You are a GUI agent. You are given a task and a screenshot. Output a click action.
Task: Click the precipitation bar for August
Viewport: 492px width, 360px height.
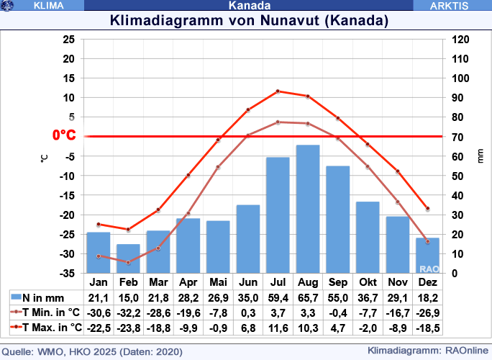(308, 209)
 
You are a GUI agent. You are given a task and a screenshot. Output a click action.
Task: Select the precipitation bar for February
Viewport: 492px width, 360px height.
(128, 258)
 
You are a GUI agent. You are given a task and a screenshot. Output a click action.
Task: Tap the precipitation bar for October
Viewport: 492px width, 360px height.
(368, 237)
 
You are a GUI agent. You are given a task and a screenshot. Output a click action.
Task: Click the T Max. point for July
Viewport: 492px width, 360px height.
(278, 91)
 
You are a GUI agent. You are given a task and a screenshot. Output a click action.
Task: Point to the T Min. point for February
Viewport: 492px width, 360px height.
(128, 262)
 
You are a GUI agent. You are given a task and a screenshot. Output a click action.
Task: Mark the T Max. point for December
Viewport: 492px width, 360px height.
(427, 209)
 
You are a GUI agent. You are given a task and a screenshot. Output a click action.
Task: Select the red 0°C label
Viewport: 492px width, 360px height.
(64, 135)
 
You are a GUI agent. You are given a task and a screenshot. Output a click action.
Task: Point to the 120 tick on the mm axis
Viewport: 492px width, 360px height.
(460, 40)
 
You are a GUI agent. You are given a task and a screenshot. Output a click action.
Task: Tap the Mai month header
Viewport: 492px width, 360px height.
(218, 282)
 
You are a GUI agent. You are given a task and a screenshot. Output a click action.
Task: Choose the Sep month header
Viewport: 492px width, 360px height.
(337, 282)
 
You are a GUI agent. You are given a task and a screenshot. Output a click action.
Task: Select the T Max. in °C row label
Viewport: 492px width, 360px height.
(52, 328)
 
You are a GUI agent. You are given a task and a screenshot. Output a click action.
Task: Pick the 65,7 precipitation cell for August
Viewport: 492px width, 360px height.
(308, 298)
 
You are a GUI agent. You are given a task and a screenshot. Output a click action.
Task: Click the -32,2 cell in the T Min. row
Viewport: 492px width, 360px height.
(128, 313)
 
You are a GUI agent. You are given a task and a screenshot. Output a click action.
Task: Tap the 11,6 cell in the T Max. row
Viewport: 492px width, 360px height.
(278, 328)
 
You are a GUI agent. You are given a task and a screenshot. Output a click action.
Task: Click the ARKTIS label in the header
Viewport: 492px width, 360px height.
(449, 5)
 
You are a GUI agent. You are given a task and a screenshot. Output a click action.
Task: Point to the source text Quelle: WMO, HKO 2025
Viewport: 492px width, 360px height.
(94, 352)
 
